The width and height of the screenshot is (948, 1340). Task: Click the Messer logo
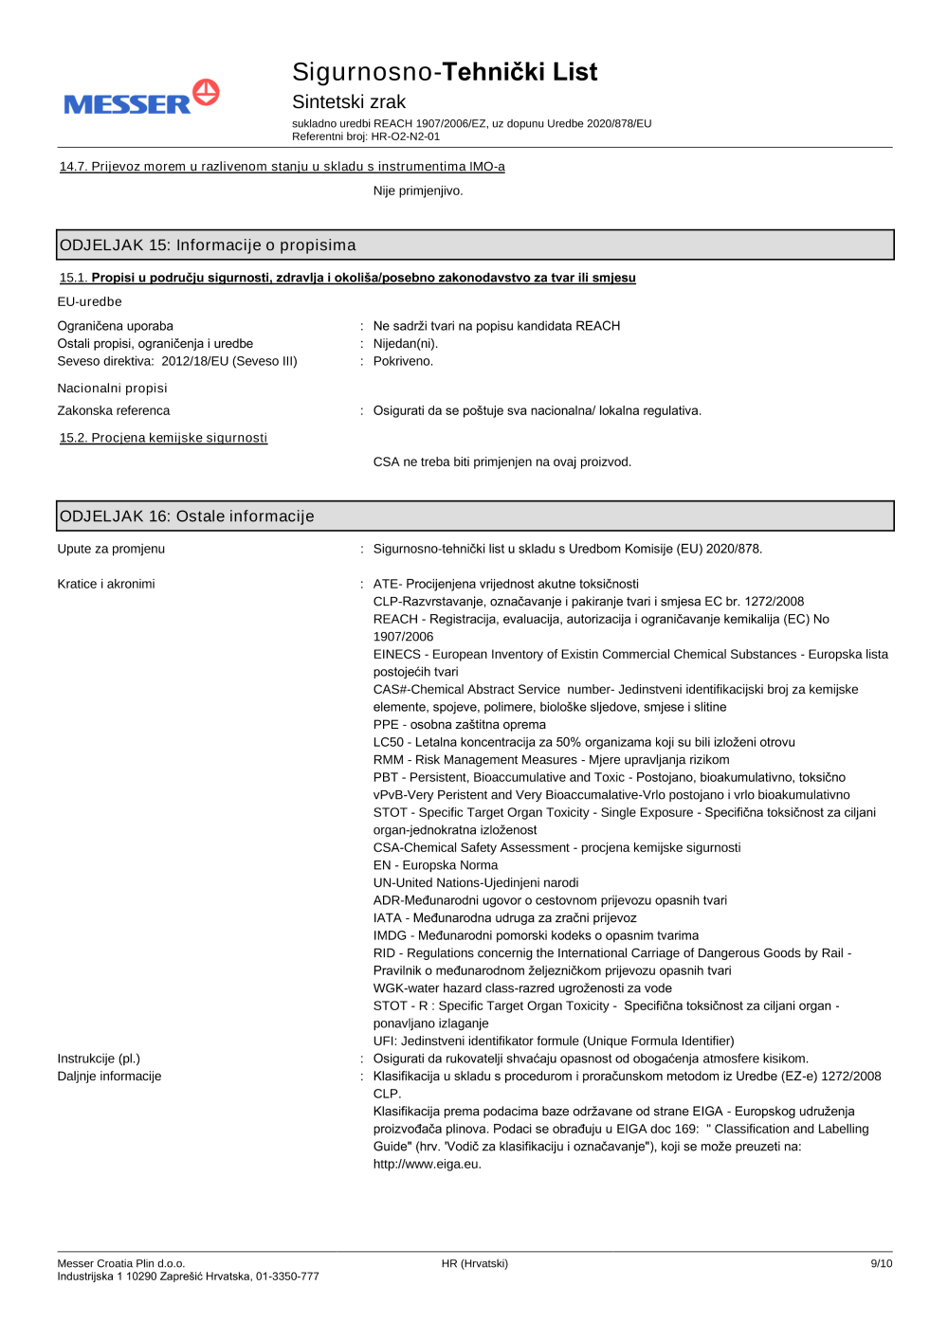coord(141,98)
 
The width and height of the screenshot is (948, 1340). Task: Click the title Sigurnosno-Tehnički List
coord(444,72)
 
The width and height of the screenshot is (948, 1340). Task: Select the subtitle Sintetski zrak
coord(348,101)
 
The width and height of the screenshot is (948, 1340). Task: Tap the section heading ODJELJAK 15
coord(208,245)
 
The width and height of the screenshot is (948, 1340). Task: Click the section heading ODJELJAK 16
coord(187,516)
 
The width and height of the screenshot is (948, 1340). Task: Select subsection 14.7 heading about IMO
coord(282,167)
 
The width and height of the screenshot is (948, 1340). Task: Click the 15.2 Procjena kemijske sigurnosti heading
coord(163,438)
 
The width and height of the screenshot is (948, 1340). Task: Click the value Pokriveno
coord(403,361)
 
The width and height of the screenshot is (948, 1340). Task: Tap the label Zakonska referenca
coord(113,410)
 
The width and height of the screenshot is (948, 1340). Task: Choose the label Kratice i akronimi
coord(105,584)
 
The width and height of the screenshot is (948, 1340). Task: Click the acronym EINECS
coord(396,654)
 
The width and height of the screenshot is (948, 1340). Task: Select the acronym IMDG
coord(390,935)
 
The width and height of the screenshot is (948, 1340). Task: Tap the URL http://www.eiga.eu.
coord(427,1164)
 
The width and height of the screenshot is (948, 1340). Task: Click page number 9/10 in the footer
coord(881,1263)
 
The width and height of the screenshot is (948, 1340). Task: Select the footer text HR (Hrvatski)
coord(474,1263)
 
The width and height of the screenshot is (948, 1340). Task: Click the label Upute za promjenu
coord(111,549)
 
